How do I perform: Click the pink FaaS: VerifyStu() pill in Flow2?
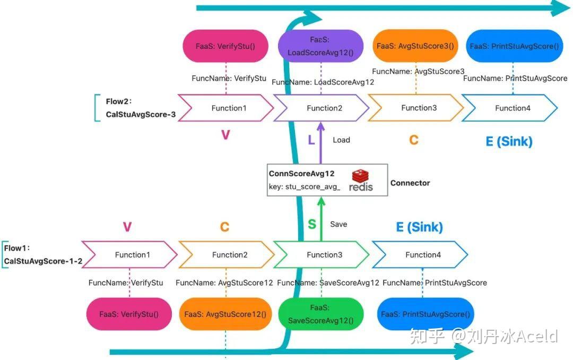225,46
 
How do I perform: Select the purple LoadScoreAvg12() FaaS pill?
320,46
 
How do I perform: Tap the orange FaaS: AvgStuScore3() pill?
415,46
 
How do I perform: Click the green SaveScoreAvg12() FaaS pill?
321,314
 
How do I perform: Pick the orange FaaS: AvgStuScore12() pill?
225,314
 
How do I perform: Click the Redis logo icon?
361,181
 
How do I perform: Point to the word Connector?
410,183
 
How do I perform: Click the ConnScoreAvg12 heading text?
301,174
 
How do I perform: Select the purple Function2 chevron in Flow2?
321,108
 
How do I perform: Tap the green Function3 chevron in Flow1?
321,255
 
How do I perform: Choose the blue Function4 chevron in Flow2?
510,108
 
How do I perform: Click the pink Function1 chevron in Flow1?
130,255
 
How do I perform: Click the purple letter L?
311,140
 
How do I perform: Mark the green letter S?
312,224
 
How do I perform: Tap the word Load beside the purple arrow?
341,140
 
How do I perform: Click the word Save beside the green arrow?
338,224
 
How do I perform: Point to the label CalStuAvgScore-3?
141,115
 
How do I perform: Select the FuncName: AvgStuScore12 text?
224,283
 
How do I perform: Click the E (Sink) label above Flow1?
420,227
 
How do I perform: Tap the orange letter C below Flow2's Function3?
414,140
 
